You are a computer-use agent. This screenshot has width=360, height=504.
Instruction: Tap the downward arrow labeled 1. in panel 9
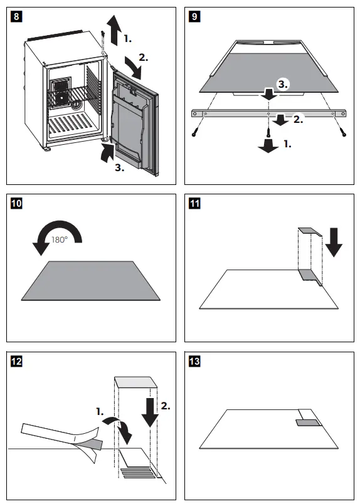coord(268,145)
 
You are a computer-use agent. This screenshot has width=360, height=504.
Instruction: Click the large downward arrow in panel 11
coord(334,241)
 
